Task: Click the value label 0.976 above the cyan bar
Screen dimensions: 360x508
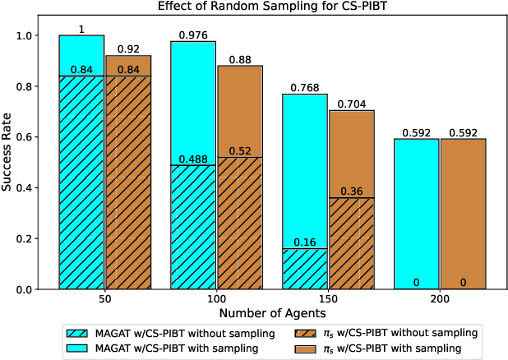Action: (193, 35)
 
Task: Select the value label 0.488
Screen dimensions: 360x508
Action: (193, 159)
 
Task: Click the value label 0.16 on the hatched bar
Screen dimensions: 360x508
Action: (304, 242)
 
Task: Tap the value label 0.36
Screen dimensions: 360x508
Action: (352, 192)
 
